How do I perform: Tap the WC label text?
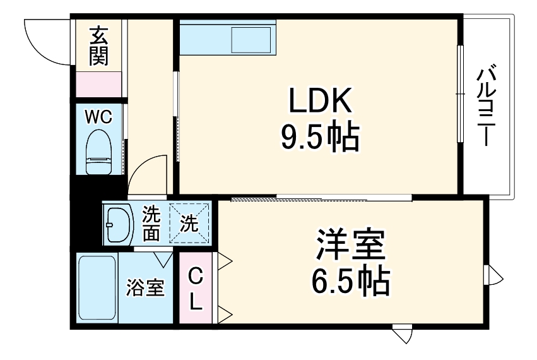(98, 117)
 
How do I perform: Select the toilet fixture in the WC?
(98, 152)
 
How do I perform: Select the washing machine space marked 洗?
(190, 223)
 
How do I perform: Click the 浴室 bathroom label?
(145, 288)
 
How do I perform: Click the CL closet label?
(196, 289)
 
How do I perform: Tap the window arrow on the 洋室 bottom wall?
(401, 333)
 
